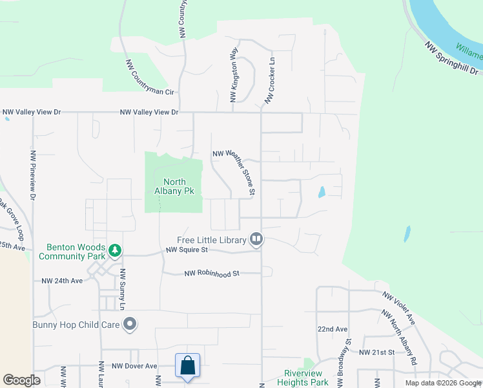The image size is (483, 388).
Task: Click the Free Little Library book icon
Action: tap(256, 240)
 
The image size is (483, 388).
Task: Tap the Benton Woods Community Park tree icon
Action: tap(114, 250)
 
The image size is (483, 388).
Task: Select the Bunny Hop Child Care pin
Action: tap(130, 324)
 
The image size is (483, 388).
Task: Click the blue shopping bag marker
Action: tap(187, 365)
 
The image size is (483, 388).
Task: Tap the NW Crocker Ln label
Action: tap(269, 82)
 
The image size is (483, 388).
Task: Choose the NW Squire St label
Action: tap(187, 250)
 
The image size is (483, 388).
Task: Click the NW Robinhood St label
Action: tap(212, 274)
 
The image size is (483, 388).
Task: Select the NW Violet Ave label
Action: tap(398, 307)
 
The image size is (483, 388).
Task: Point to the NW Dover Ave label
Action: tap(134, 366)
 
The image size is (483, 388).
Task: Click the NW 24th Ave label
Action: tap(63, 281)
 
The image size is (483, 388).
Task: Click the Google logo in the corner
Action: tap(21, 380)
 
